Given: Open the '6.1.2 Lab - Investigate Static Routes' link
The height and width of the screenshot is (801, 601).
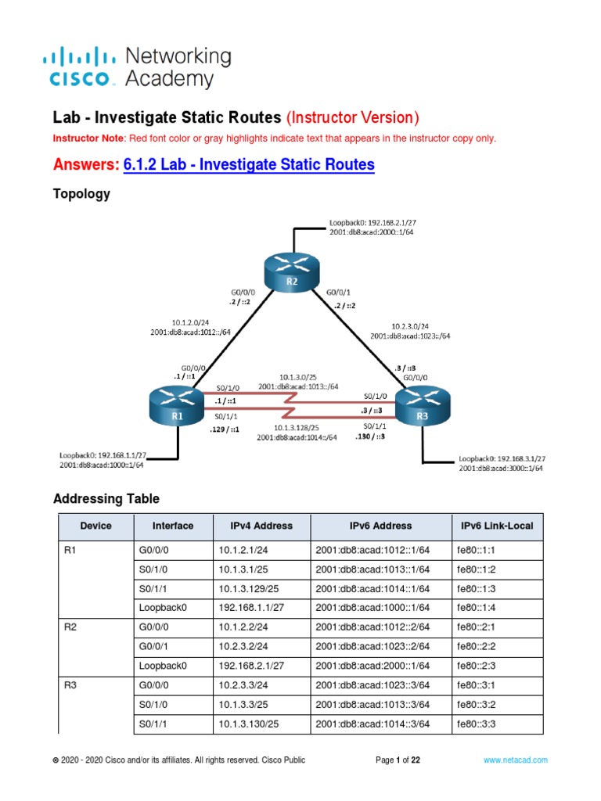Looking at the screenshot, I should tap(249, 165).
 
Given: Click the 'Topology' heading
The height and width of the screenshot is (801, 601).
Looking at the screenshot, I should tap(81, 194).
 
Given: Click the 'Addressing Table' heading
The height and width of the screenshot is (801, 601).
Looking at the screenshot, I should tap(106, 498).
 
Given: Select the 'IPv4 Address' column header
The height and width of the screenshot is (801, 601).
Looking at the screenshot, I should tap(261, 526).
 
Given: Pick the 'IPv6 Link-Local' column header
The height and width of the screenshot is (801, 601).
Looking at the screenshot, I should tap(497, 526).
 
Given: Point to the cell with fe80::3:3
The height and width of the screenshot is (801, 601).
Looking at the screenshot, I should tap(475, 724).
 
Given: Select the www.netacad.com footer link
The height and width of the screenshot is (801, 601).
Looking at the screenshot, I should tap(515, 760).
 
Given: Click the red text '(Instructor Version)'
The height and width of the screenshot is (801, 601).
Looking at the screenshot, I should tap(353, 117).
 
